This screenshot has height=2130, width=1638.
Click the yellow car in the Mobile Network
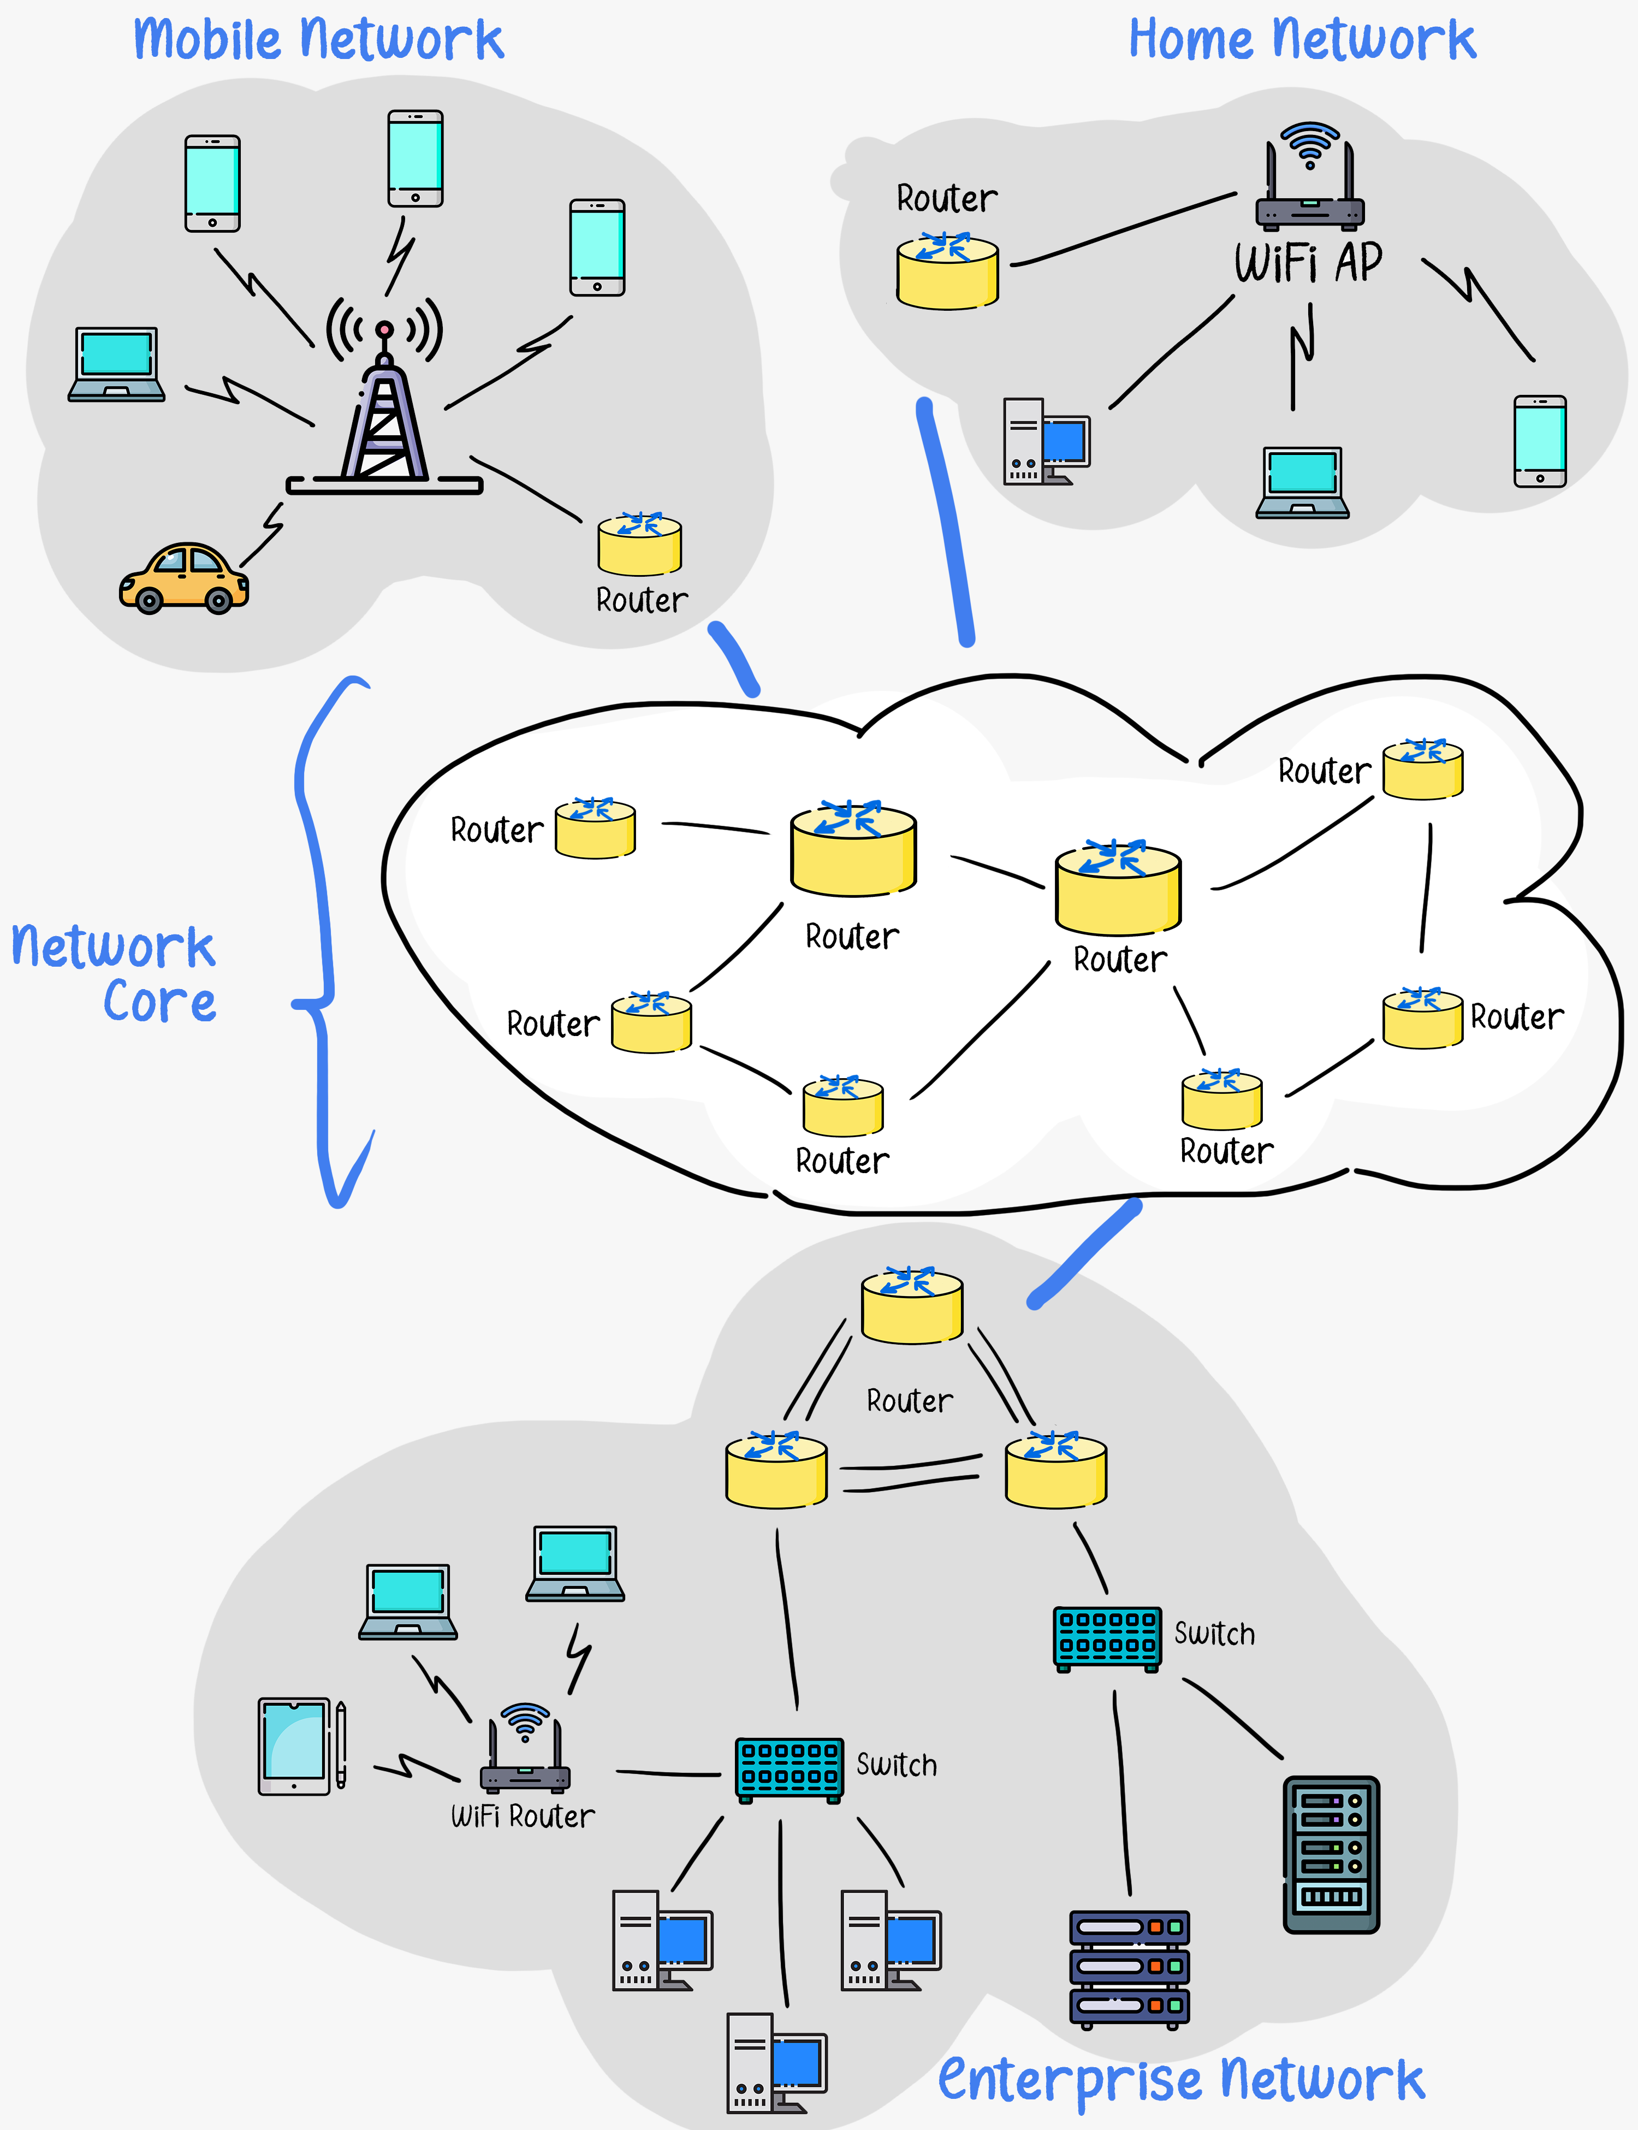tap(183, 578)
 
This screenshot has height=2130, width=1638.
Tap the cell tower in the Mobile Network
tap(384, 415)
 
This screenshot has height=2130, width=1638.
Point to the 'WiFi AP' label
tap(1308, 263)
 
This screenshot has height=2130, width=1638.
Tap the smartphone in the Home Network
tap(1540, 441)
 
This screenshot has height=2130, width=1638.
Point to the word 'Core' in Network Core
tap(160, 1003)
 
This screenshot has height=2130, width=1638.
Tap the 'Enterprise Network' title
tap(1180, 2080)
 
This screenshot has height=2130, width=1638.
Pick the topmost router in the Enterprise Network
tap(912, 1307)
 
